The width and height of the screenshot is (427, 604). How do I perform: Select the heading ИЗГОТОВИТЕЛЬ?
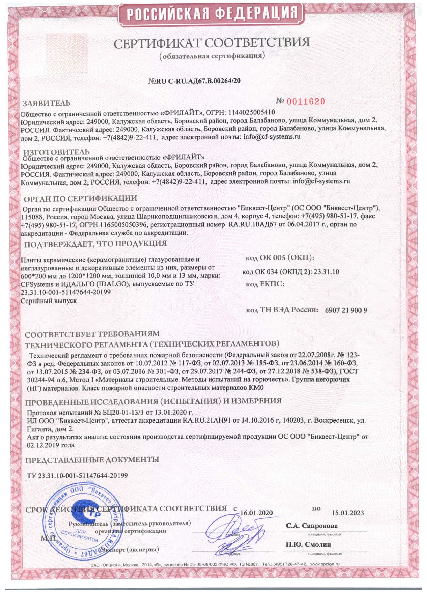coord(56,152)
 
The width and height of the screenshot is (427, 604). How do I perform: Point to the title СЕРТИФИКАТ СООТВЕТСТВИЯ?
coord(212,42)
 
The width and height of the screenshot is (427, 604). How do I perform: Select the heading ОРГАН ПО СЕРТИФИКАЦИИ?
coord(80,198)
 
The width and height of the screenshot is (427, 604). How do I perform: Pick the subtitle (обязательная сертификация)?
coord(212,56)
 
